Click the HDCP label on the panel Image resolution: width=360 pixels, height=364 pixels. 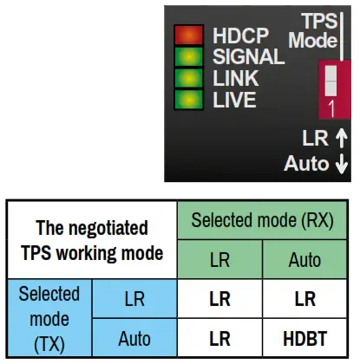(240, 36)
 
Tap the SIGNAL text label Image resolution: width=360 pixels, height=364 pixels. (248, 57)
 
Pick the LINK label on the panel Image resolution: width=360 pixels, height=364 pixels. (234, 79)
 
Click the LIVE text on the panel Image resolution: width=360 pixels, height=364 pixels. (234, 100)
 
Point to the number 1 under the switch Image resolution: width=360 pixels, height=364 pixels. (331, 109)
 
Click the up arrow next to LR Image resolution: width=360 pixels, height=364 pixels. (341, 137)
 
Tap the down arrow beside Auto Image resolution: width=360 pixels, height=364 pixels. (342, 163)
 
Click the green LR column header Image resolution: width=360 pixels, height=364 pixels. (219, 260)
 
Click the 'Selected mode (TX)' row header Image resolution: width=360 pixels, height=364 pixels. (50, 319)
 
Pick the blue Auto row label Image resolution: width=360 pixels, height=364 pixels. (134, 339)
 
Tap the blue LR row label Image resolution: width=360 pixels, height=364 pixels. (134, 299)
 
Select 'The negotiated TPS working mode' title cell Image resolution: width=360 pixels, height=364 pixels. (91, 241)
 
